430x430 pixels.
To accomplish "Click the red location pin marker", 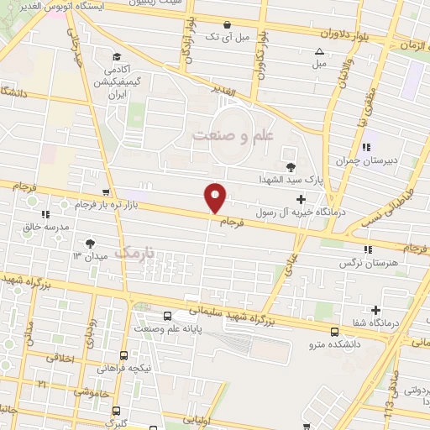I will pos(216,197).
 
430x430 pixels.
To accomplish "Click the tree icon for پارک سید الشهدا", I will pos(291,167).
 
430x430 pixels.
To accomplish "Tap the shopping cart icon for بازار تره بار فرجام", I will pos(105,192).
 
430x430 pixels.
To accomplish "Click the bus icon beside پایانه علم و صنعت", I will pos(168,316).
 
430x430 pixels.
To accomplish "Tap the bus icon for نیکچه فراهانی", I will pos(123,355).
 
